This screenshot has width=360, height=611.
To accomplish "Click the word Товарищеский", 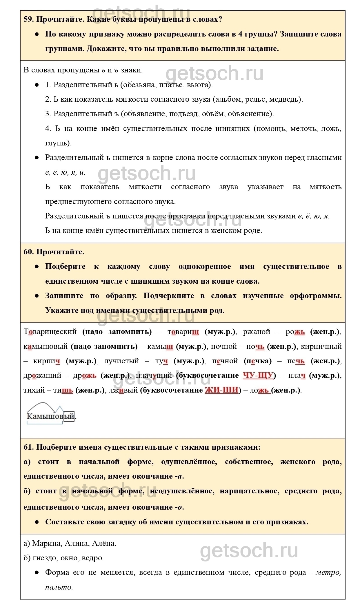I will pyautogui.click(x=50, y=331).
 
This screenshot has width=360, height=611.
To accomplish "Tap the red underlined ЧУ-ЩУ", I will pyautogui.click(x=258, y=375).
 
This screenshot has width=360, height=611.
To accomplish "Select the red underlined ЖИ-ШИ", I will pyautogui.click(x=221, y=390).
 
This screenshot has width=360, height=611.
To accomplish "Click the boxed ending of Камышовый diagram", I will pyautogui.click(x=69, y=417).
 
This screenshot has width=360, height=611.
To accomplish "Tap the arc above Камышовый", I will pyautogui.click(x=41, y=405).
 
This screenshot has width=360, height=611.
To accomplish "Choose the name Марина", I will pyautogui.click(x=46, y=543).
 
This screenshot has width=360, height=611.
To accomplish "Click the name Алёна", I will pyautogui.click(x=103, y=543).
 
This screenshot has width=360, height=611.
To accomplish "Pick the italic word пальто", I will pyautogui.click(x=58, y=587).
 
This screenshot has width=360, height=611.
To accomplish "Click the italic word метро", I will pyautogui.click(x=328, y=572).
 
